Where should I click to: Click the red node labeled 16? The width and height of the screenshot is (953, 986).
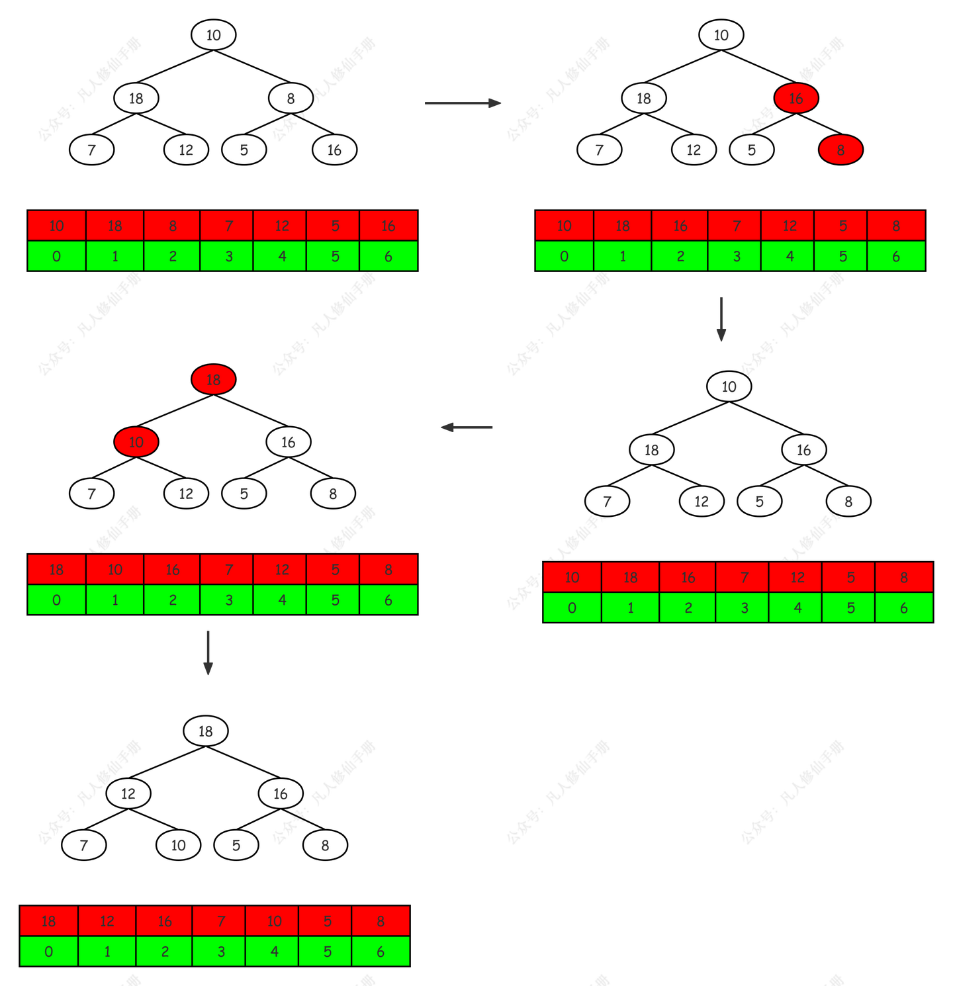pyautogui.click(x=795, y=99)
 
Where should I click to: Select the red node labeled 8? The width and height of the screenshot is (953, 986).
pyautogui.click(x=840, y=150)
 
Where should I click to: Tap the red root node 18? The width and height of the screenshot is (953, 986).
pyautogui.click(x=213, y=380)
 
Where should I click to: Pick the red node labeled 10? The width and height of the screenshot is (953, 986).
pyautogui.click(x=136, y=442)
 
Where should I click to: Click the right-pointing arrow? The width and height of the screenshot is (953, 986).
pyautogui.click(x=463, y=103)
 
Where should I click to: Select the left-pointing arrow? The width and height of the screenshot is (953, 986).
pyautogui.click(x=467, y=427)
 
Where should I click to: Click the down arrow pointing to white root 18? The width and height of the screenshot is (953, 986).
pyautogui.click(x=208, y=652)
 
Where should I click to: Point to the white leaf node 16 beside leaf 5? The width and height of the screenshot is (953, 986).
pyautogui.click(x=334, y=150)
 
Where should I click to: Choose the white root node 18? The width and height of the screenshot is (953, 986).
pyautogui.click(x=206, y=731)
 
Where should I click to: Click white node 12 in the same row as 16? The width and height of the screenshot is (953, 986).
pyautogui.click(x=128, y=793)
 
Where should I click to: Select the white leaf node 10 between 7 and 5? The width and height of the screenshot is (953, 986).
pyautogui.click(x=178, y=845)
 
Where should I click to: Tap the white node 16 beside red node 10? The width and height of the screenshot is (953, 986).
pyautogui.click(x=289, y=442)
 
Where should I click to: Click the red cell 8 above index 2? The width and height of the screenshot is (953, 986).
pyautogui.click(x=172, y=226)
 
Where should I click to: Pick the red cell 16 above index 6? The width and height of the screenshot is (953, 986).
pyautogui.click(x=388, y=226)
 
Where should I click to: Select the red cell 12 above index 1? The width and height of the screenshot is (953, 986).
pyautogui.click(x=107, y=921)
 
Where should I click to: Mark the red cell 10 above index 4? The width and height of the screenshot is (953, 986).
pyautogui.click(x=274, y=921)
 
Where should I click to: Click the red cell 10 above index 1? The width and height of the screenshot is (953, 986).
pyautogui.click(x=115, y=570)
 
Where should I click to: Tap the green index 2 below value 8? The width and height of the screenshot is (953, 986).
pyautogui.click(x=172, y=256)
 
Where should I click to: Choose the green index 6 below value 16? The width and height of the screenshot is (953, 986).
pyautogui.click(x=388, y=256)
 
